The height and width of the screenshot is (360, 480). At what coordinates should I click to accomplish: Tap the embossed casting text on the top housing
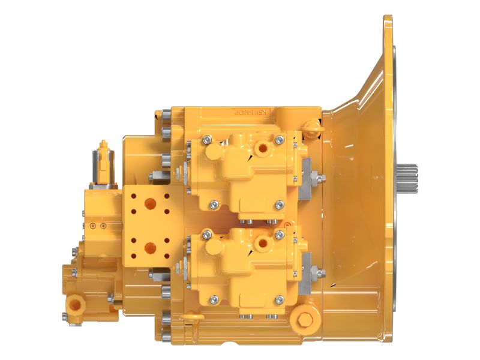251,112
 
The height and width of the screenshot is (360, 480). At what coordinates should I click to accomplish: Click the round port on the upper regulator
262,147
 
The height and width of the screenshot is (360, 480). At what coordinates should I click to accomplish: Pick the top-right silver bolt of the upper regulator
279,140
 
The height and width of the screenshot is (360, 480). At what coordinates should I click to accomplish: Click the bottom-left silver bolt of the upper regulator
214,206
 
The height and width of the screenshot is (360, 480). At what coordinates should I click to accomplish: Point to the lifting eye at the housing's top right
311,126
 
